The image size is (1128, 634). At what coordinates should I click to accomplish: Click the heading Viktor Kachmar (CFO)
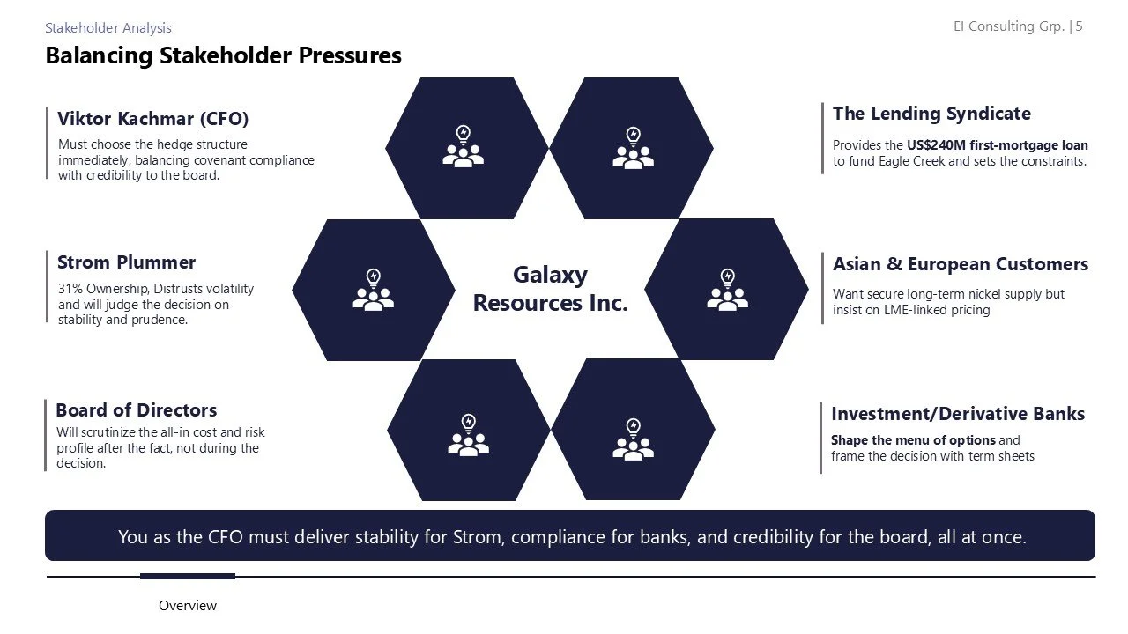152,119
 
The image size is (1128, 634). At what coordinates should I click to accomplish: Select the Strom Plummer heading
126,262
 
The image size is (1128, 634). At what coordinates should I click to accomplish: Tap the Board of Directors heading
136,410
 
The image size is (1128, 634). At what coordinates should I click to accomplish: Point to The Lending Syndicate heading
931,114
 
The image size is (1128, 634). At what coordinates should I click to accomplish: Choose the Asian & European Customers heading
960,264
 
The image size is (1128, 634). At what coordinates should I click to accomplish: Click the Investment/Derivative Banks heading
958,414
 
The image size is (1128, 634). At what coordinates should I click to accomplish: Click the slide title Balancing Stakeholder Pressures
223,55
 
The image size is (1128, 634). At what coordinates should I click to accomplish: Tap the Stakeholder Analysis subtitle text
108,28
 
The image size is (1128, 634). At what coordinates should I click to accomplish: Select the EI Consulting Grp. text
1008,26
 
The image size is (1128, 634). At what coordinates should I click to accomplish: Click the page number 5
1079,26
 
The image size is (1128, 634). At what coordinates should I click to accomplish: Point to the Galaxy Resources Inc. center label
550,289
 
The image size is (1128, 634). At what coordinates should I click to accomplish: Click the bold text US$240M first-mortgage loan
998,145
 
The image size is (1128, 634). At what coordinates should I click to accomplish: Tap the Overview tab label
188,606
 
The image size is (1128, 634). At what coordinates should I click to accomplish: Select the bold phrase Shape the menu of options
913,440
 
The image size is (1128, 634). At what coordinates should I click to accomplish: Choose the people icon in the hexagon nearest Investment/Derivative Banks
633,439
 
